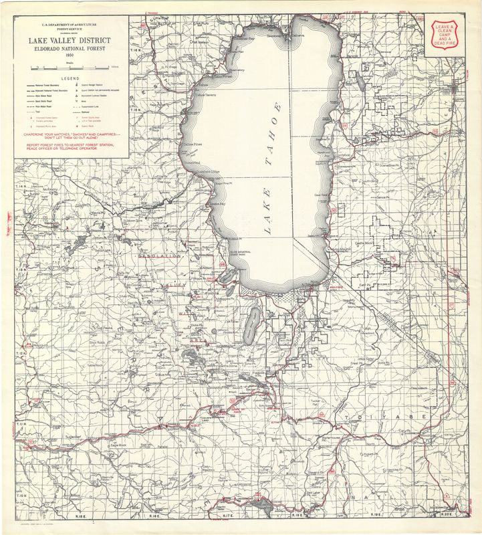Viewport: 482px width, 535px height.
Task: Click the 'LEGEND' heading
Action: pyautogui.click(x=70, y=78)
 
